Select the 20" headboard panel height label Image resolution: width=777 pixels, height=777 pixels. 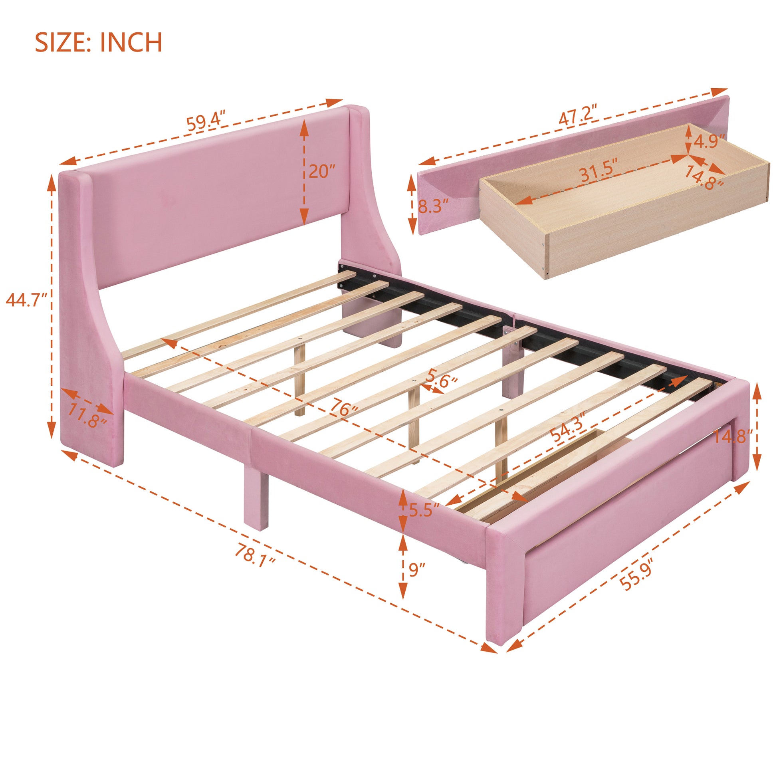coord(322,172)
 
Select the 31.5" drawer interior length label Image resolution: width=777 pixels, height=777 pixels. coord(598,174)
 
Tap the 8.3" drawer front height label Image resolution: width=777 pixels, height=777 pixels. coord(433,207)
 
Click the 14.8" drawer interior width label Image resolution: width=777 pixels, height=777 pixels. coord(704,178)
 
